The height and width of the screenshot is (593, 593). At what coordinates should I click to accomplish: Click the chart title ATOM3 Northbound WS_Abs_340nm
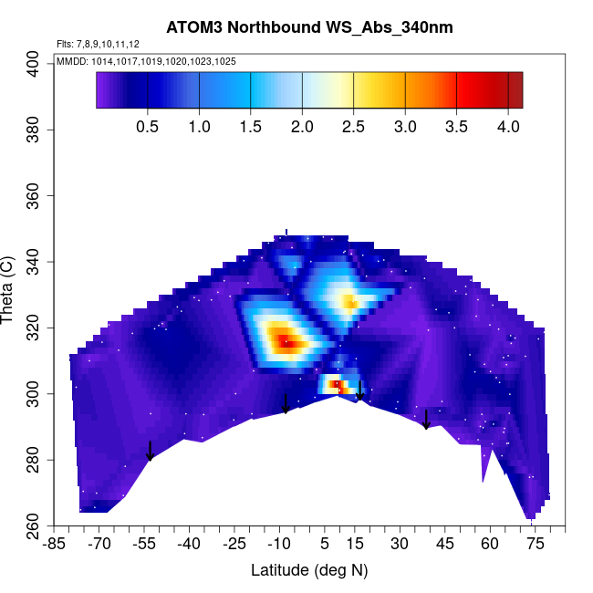(x=309, y=28)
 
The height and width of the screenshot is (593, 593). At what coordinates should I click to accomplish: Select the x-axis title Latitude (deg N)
(x=309, y=570)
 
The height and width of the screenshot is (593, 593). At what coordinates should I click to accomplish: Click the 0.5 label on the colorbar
(x=147, y=127)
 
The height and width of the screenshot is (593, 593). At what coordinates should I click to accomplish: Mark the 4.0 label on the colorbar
(x=507, y=127)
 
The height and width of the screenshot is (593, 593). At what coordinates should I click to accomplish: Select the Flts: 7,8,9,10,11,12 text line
(x=98, y=44)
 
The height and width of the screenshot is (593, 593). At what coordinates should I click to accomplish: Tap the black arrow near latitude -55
(x=150, y=451)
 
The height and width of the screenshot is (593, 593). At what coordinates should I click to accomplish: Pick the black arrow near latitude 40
(x=426, y=419)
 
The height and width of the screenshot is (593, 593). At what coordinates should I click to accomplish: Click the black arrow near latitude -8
(x=286, y=403)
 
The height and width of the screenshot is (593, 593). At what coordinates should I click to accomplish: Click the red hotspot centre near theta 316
(x=286, y=342)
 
